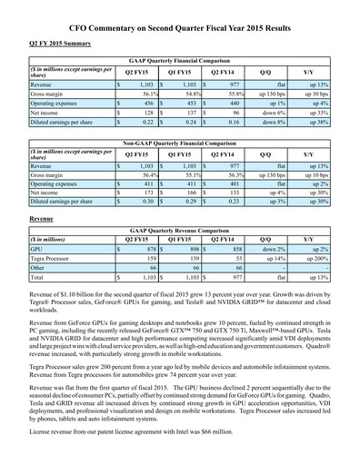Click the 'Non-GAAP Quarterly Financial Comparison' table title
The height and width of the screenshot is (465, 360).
(179, 144)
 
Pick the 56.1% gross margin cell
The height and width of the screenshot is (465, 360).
(141, 94)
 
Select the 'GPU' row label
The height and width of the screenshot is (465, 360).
(37, 248)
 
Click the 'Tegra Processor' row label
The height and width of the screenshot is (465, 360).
(54, 258)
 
